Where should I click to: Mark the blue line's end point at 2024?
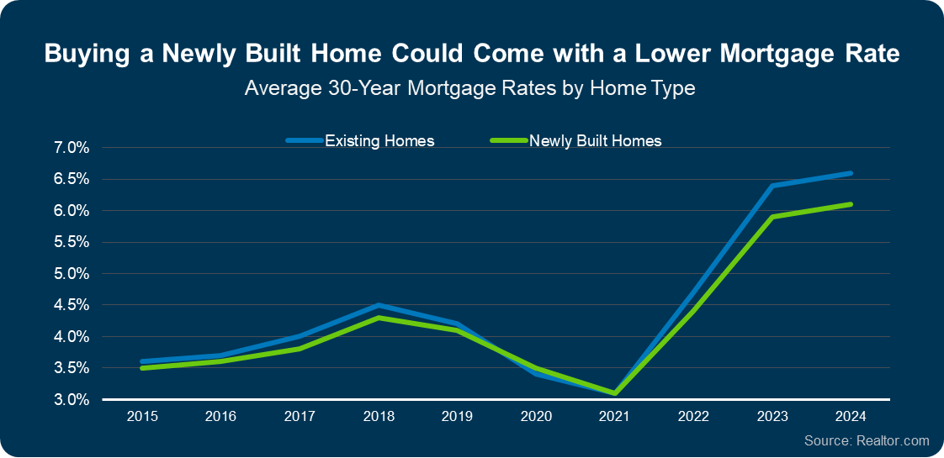click(851, 173)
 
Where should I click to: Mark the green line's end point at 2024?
click(851, 204)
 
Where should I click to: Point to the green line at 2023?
click(772, 217)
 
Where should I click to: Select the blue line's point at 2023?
click(772, 186)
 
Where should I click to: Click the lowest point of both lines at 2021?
click(615, 392)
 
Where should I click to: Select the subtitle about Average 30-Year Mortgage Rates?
click(469, 87)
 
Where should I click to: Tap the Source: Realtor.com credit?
click(867, 440)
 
